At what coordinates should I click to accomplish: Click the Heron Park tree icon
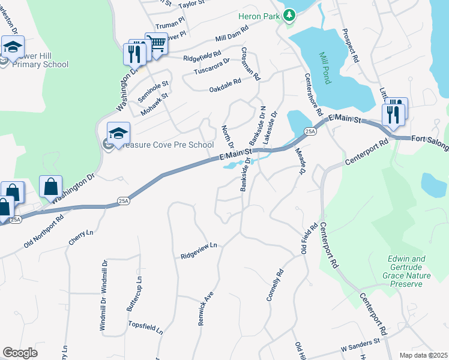(290, 14)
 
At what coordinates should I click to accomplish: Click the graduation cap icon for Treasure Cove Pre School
(118, 133)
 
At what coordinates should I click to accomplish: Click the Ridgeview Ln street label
(198, 251)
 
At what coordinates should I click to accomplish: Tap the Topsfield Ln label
(145, 327)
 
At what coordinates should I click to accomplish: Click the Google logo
(20, 353)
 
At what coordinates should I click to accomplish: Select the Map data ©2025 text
(423, 355)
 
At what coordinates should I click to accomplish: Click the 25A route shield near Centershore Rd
(310, 131)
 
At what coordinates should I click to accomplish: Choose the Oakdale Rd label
(224, 89)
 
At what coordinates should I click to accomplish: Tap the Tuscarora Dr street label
(211, 67)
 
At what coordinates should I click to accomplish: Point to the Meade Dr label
(301, 162)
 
